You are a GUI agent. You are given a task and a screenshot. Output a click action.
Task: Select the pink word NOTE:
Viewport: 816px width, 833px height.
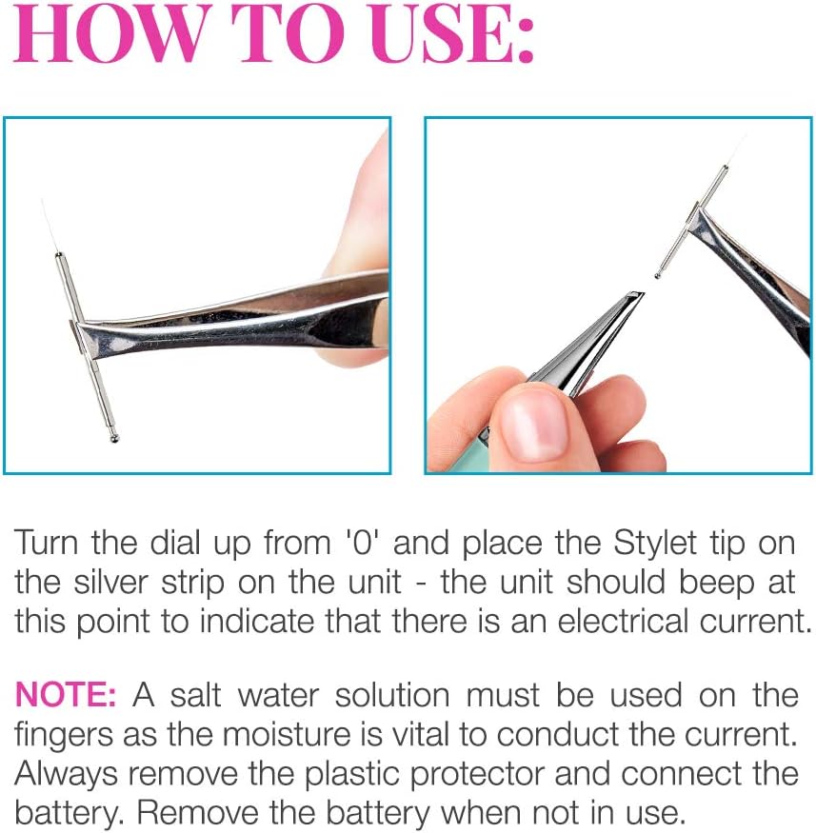[x=66, y=695]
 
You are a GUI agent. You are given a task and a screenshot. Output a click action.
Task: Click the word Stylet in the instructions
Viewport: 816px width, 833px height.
[x=654, y=543]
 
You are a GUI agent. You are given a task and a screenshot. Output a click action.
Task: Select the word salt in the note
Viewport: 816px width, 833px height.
[x=195, y=695]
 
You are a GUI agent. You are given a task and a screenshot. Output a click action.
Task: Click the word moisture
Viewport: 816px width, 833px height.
[x=287, y=734]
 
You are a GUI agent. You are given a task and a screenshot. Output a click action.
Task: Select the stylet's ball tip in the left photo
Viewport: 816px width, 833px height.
[x=113, y=438]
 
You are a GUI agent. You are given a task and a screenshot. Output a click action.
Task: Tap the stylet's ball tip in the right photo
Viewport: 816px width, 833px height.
[x=658, y=275]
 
